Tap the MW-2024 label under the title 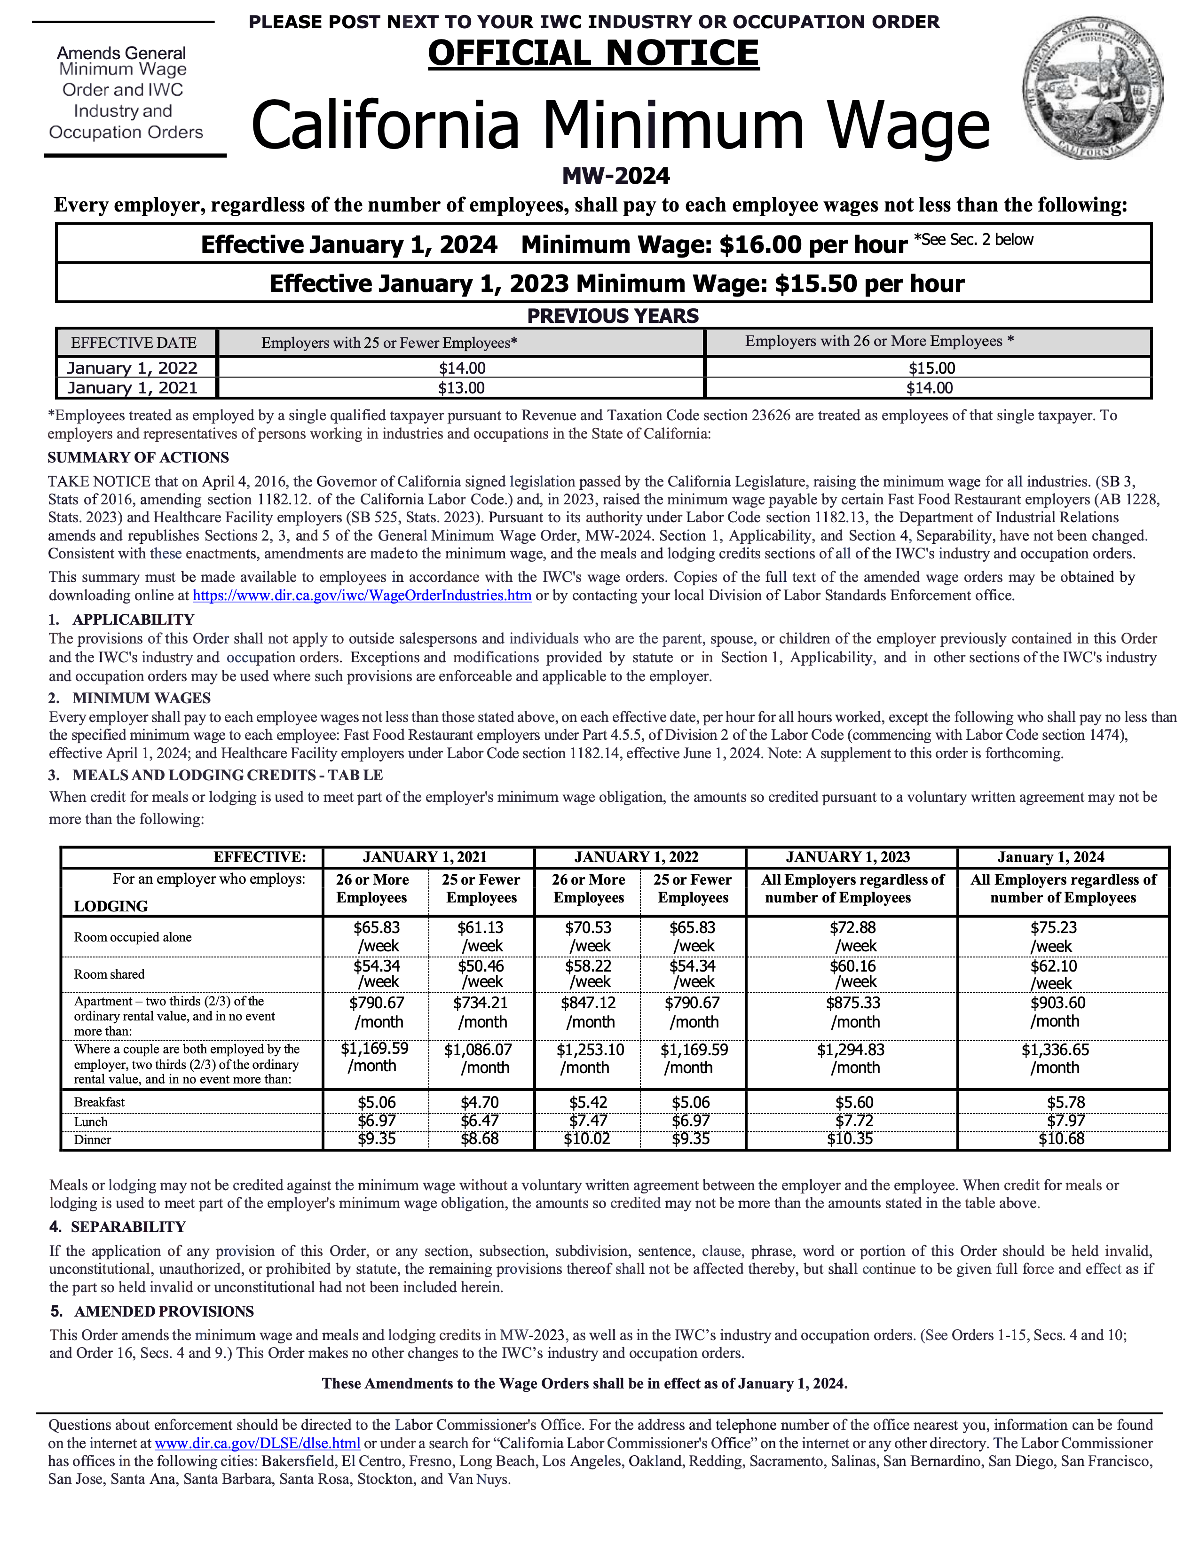coord(616,176)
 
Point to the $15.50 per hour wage coord(869,284)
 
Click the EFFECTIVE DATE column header coord(134,343)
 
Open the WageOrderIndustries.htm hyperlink coord(362,595)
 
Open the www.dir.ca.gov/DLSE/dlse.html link coord(258,1443)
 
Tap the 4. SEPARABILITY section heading coord(118,1227)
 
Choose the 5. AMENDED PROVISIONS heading coord(151,1311)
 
